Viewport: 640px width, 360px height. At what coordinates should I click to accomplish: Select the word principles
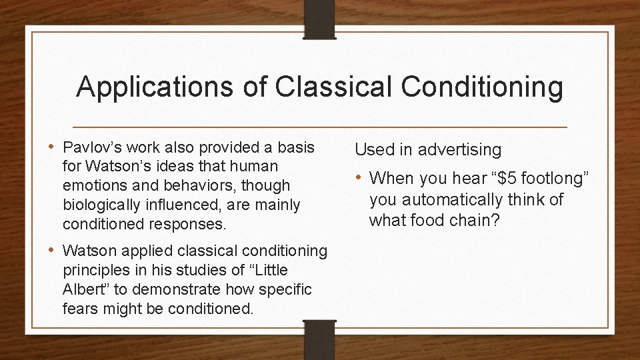(91, 271)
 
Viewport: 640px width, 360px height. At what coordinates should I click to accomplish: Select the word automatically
(451, 199)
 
